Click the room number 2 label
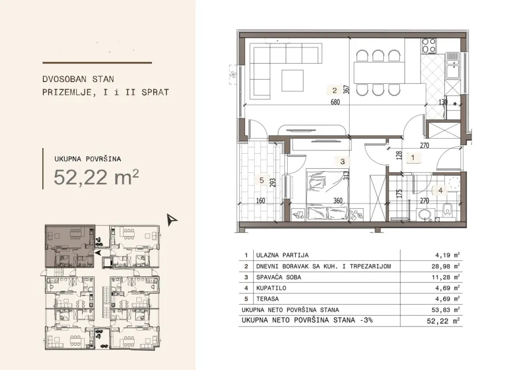tap(335, 90)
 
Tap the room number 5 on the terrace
tap(261, 180)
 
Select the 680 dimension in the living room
tap(335, 102)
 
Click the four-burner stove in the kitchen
tap(429, 46)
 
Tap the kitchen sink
tap(452, 65)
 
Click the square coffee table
tap(292, 80)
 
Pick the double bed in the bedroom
tap(328, 194)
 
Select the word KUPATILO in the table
tap(271, 288)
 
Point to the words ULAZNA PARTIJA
tap(282, 255)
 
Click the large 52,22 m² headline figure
tap(96, 177)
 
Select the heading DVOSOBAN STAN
tap(78, 79)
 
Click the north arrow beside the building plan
tap(172, 220)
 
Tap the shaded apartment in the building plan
tap(70, 246)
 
